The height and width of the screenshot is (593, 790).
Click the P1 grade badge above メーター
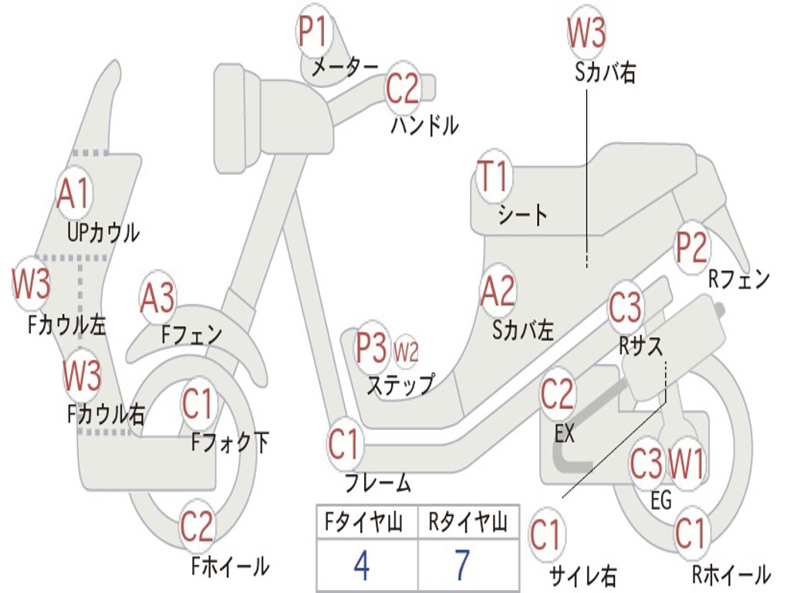(x=313, y=30)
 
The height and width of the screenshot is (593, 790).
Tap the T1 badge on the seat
(x=494, y=176)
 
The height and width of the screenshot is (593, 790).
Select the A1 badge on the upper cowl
(x=73, y=194)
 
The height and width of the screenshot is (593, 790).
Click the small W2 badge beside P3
(x=406, y=351)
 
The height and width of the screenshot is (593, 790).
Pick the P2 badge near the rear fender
(x=691, y=247)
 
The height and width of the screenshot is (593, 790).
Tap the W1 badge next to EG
(x=685, y=464)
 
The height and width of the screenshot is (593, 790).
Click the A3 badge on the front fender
(x=157, y=297)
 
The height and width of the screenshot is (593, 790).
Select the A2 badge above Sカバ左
(x=498, y=291)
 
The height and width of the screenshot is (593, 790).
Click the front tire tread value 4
(x=362, y=565)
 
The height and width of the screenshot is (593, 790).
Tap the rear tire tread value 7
(x=463, y=565)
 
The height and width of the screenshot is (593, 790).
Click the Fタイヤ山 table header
(x=363, y=522)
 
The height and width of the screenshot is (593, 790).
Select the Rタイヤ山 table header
(x=468, y=522)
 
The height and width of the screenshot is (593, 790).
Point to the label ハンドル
(x=425, y=125)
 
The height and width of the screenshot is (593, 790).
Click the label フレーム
(x=378, y=483)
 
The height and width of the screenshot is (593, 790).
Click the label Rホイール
(x=731, y=574)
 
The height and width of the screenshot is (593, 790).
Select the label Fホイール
(x=230, y=566)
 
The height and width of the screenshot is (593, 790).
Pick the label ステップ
(x=400, y=385)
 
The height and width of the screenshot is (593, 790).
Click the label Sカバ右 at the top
(x=605, y=72)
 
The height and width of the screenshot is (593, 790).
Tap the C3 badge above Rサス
(x=625, y=307)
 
